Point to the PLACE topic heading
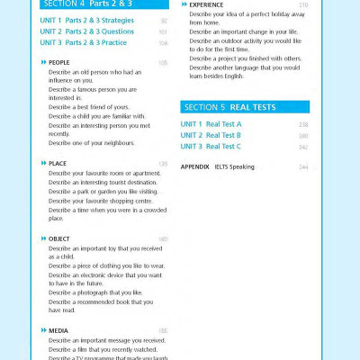click(x=57, y=164)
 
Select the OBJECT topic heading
click(x=58, y=238)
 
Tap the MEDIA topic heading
click(x=58, y=331)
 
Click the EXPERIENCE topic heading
click(x=206, y=4)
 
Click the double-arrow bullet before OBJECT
click(x=43, y=238)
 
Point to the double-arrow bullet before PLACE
click(x=43, y=164)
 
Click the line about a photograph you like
click(x=95, y=292)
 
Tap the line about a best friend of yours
click(x=90, y=107)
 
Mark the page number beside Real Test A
click(x=303, y=124)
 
